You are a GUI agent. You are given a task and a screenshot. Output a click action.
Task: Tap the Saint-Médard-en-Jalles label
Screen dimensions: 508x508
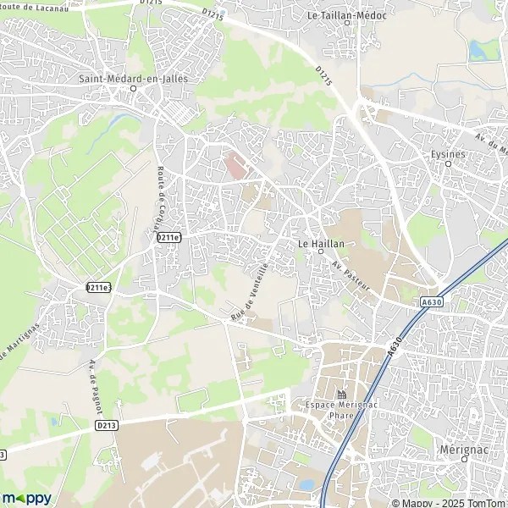point(133,79)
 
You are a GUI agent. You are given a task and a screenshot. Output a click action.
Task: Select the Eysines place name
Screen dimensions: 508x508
point(448,153)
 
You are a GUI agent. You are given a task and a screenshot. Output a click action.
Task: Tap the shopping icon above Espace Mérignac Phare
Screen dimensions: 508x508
point(341,395)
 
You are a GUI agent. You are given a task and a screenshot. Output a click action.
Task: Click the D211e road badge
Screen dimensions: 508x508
point(168,237)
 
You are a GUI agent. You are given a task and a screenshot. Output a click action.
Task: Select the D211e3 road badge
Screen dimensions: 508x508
point(99,287)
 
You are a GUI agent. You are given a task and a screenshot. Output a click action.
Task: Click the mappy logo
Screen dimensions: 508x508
point(26,497)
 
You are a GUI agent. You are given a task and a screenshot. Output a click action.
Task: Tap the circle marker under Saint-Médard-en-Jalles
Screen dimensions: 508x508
point(133,88)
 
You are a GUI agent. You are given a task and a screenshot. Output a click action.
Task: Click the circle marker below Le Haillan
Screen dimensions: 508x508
point(321,251)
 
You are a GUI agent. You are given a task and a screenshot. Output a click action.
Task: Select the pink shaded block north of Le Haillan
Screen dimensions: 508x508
point(235,163)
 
